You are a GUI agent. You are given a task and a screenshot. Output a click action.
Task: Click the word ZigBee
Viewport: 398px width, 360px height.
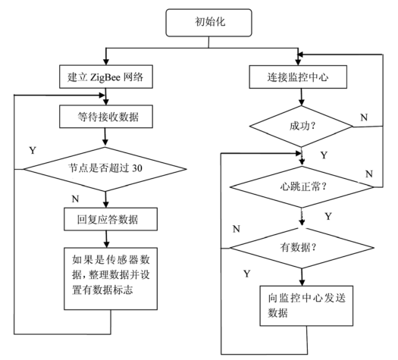point(105,76)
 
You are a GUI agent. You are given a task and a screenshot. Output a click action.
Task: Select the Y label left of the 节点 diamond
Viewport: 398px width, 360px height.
point(33,149)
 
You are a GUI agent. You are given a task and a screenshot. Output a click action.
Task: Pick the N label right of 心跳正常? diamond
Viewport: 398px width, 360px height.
point(369,174)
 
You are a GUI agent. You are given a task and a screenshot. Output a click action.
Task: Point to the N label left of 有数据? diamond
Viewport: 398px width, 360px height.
point(237,227)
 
